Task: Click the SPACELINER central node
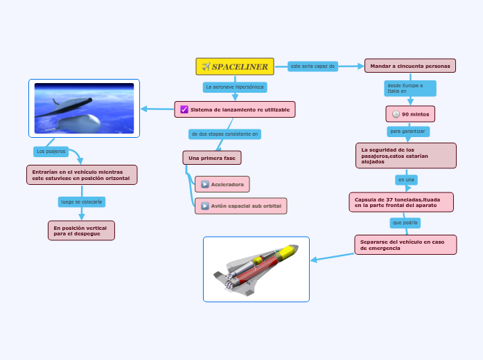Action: pos(235,66)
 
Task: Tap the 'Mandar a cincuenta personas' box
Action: pos(410,66)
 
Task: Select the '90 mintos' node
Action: pos(410,114)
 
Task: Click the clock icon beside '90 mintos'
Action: pos(396,114)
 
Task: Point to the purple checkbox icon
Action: pos(184,109)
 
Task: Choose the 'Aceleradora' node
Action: pos(222,184)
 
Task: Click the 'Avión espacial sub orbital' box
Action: pos(240,206)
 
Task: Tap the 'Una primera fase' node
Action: pos(211,158)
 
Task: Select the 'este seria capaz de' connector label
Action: pos(313,66)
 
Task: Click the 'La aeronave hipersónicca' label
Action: pos(235,87)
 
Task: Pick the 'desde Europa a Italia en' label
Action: pos(410,88)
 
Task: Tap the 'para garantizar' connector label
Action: pos(408,131)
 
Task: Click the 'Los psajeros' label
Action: pos(51,151)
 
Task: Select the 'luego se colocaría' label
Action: pos(82,202)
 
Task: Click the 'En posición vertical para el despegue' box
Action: pos(81,231)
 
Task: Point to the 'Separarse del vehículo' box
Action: pos(405,244)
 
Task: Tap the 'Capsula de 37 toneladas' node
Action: pos(401,202)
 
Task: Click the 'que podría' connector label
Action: pos(405,223)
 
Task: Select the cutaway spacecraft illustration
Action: pos(256,269)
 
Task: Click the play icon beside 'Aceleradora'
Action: pos(204,184)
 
